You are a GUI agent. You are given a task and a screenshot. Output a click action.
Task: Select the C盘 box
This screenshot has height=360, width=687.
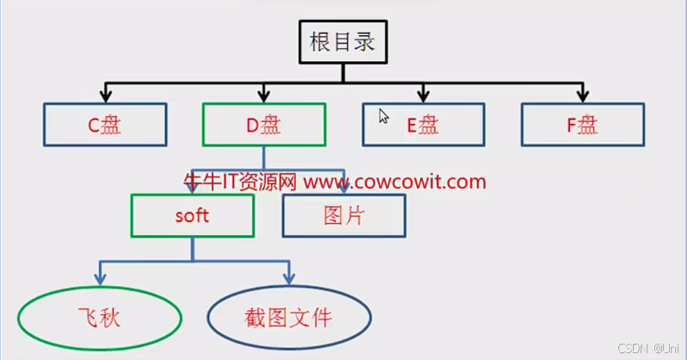[104, 124]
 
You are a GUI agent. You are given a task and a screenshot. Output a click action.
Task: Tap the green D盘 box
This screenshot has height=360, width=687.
[263, 124]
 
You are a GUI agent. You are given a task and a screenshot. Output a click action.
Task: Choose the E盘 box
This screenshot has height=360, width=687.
[423, 124]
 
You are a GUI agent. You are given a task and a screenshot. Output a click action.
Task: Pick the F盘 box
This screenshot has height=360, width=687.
[582, 124]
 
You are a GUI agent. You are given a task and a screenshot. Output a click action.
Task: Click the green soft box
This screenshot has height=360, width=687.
[192, 215]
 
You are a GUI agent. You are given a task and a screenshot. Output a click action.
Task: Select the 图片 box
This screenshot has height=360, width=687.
[343, 215]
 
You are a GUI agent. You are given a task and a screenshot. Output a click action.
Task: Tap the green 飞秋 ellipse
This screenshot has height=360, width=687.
[100, 318]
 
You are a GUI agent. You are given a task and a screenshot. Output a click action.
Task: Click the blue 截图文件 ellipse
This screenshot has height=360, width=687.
[288, 318]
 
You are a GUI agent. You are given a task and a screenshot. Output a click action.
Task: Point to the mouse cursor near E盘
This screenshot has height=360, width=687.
[384, 115]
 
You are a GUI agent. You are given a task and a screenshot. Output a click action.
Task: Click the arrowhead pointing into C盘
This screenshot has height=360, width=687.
[104, 94]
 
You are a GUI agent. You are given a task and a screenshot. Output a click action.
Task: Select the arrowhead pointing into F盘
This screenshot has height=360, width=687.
[582, 94]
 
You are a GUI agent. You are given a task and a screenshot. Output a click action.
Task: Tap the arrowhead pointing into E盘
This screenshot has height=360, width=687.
[423, 94]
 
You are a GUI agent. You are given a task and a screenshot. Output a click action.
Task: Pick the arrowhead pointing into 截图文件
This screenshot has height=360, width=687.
[288, 278]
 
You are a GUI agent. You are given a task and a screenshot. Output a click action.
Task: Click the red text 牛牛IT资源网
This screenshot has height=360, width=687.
[240, 182]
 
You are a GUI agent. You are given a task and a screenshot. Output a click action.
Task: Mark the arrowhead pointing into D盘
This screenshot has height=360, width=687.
[263, 94]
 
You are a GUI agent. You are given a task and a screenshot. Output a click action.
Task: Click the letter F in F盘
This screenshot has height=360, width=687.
[571, 125]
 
